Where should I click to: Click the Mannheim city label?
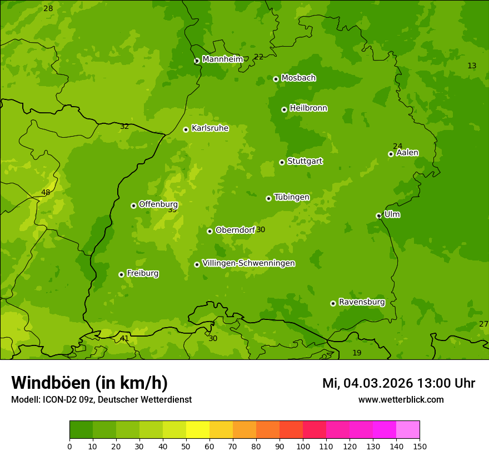222,59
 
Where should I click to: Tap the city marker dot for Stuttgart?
282,162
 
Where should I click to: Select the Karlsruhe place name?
209,128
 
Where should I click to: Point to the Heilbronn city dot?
284,109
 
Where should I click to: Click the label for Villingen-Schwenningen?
248,263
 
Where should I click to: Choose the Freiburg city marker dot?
121,274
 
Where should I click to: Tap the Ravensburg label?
361,302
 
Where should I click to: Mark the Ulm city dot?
378,216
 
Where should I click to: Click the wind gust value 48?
46,193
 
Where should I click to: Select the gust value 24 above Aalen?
397,146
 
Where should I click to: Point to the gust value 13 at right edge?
472,66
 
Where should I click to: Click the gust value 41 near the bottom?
124,338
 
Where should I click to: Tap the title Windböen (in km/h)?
89,383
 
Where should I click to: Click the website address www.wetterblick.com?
401,399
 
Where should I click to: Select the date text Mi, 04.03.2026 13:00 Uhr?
398,383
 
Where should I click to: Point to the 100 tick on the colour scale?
303,446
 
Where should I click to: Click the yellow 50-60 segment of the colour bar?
198,429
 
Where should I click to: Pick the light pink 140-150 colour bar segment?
408,429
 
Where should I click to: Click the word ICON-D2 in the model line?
58,399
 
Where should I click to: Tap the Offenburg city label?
158,204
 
